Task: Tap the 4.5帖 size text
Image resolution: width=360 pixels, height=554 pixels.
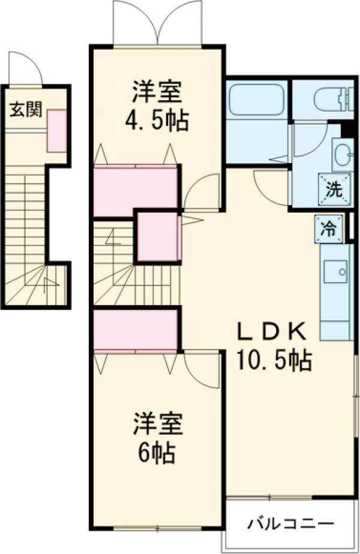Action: click(157, 121)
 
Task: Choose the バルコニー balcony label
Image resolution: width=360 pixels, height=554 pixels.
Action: click(290, 523)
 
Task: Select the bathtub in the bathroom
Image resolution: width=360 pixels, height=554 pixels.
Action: click(257, 100)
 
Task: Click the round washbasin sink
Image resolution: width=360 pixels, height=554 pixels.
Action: click(343, 154)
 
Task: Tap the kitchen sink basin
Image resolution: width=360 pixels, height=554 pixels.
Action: click(335, 273)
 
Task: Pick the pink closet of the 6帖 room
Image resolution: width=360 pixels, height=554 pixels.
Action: click(136, 329)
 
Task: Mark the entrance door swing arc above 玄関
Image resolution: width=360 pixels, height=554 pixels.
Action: click(25, 68)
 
